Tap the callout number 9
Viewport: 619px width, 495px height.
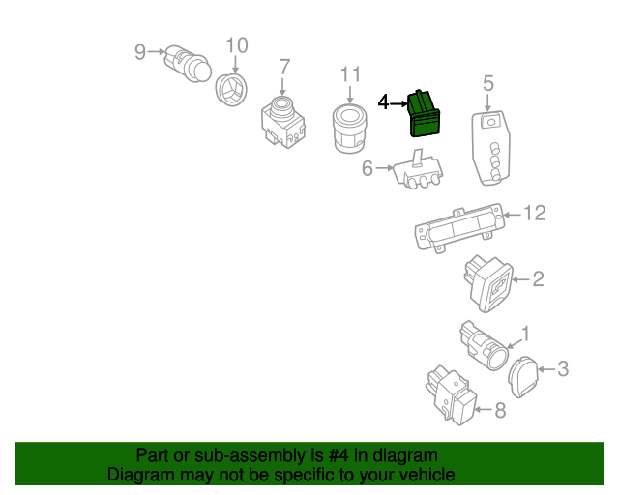(x=139, y=51)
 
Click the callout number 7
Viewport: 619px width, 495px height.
(x=284, y=67)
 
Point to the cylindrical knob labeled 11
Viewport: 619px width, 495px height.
(x=349, y=129)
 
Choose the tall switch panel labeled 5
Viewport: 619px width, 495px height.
(x=490, y=146)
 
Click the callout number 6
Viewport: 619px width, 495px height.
(x=368, y=168)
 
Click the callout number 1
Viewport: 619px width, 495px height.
(x=526, y=335)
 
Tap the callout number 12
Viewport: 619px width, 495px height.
(x=535, y=213)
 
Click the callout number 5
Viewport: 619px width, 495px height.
(x=488, y=82)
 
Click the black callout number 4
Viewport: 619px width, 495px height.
(x=383, y=102)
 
